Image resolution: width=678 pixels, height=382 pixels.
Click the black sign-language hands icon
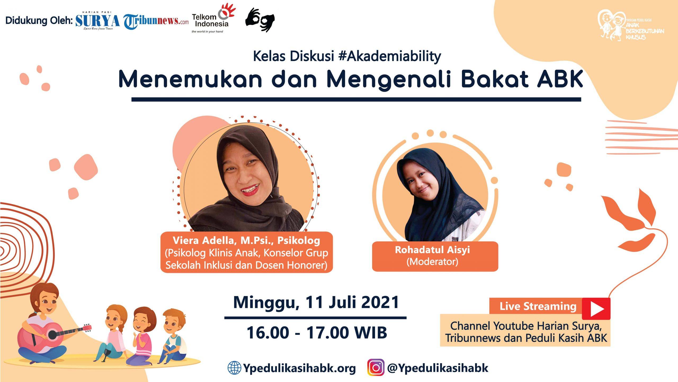260,20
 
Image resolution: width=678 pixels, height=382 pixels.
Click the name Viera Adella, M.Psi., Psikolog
246,240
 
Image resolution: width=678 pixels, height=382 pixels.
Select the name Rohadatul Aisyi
432,250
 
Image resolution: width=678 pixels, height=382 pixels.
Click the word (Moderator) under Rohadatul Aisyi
432,262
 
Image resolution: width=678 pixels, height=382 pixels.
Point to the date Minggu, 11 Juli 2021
316,302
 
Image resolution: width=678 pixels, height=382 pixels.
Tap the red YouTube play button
596,309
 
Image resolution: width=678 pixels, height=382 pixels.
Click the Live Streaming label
538,306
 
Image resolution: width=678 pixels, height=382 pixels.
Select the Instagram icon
376,367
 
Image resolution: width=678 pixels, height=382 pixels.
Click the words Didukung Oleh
39,21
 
